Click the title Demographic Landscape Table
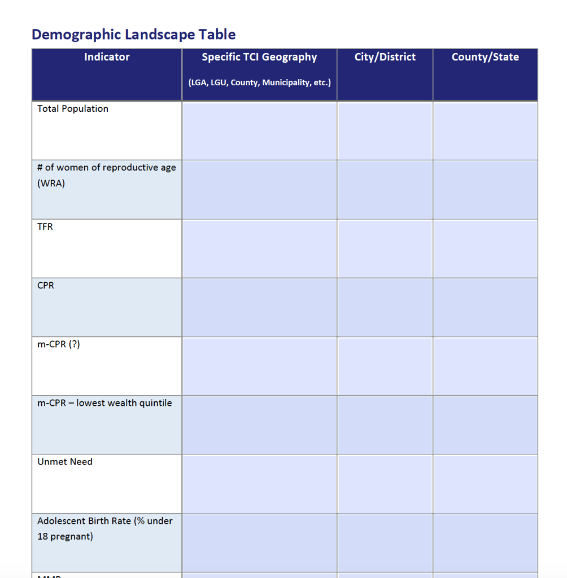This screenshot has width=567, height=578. point(133,34)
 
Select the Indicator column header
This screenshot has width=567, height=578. point(107,57)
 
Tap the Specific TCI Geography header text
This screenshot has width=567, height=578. point(259,57)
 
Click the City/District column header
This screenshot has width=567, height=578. point(385,57)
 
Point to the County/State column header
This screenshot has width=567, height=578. point(485,57)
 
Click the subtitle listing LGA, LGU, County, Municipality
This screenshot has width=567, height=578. point(259,82)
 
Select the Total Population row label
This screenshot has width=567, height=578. point(73,109)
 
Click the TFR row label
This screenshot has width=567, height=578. point(45,227)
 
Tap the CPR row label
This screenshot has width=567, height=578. point(46,286)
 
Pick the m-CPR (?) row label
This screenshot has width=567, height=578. point(59,344)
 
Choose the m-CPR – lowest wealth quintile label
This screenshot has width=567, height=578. point(104,403)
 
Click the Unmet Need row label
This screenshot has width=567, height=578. point(65,462)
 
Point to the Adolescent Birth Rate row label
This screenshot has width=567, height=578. point(105,521)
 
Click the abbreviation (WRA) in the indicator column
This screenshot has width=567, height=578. point(51,183)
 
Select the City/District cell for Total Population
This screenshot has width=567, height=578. point(385,130)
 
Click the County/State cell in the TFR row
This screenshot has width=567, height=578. point(485,248)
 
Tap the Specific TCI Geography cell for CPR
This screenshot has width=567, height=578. point(259,307)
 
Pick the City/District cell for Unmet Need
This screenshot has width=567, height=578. point(385,484)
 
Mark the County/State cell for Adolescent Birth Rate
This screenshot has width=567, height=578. point(485,542)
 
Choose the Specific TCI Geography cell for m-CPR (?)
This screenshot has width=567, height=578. point(259,366)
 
